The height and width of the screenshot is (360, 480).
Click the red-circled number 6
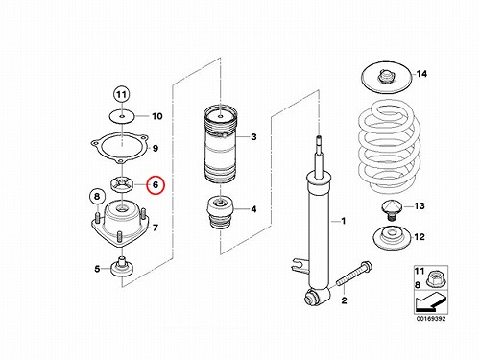click(156, 185)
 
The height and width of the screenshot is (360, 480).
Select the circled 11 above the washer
click(121, 95)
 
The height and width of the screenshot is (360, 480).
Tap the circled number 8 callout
click(97, 196)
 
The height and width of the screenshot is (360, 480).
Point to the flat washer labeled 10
click(122, 116)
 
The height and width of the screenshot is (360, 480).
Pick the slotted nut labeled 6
click(122, 184)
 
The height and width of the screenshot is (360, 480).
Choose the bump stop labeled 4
click(221, 213)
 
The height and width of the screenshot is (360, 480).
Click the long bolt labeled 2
click(354, 275)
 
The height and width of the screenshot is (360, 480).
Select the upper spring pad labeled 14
click(386, 78)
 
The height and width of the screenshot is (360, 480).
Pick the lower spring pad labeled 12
click(391, 238)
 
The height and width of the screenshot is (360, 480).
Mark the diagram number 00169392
click(430, 319)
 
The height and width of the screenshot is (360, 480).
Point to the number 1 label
click(344, 221)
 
